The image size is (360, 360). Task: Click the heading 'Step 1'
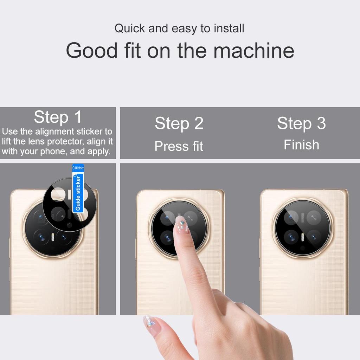pyautogui.click(x=58, y=117)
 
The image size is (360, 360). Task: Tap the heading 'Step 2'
pyautogui.click(x=179, y=123)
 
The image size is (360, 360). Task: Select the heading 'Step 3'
pyautogui.click(x=301, y=123)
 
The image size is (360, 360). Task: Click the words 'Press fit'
pyautogui.click(x=179, y=146)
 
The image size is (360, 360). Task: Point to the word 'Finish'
pyautogui.click(x=301, y=145)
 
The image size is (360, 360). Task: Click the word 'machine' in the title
pyautogui.click(x=254, y=50)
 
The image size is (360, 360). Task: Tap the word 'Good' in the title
pyautogui.click(x=92, y=50)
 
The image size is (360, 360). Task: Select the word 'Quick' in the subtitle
pyautogui.click(x=130, y=28)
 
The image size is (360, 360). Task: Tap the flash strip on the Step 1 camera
pyautogui.click(x=53, y=238)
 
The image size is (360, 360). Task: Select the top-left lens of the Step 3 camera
pyautogui.click(x=291, y=217)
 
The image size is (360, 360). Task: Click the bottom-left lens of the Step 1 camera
pyautogui.click(x=41, y=237)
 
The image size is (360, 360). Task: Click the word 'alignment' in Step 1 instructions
pyautogui.click(x=54, y=131)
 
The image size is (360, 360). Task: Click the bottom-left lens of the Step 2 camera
pyautogui.click(x=167, y=237)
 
